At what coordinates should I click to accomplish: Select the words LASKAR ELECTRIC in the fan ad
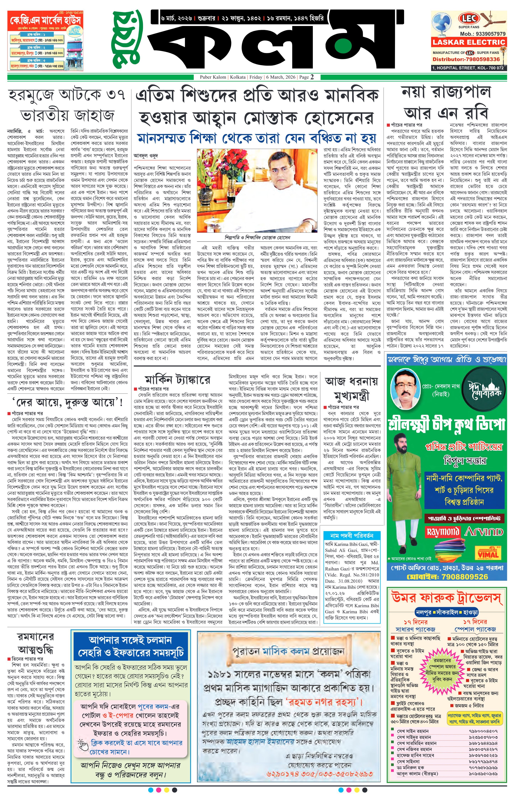coord(469,42)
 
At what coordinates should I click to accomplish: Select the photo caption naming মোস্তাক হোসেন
coord(257,237)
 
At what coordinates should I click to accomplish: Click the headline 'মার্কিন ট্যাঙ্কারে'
coord(177,379)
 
